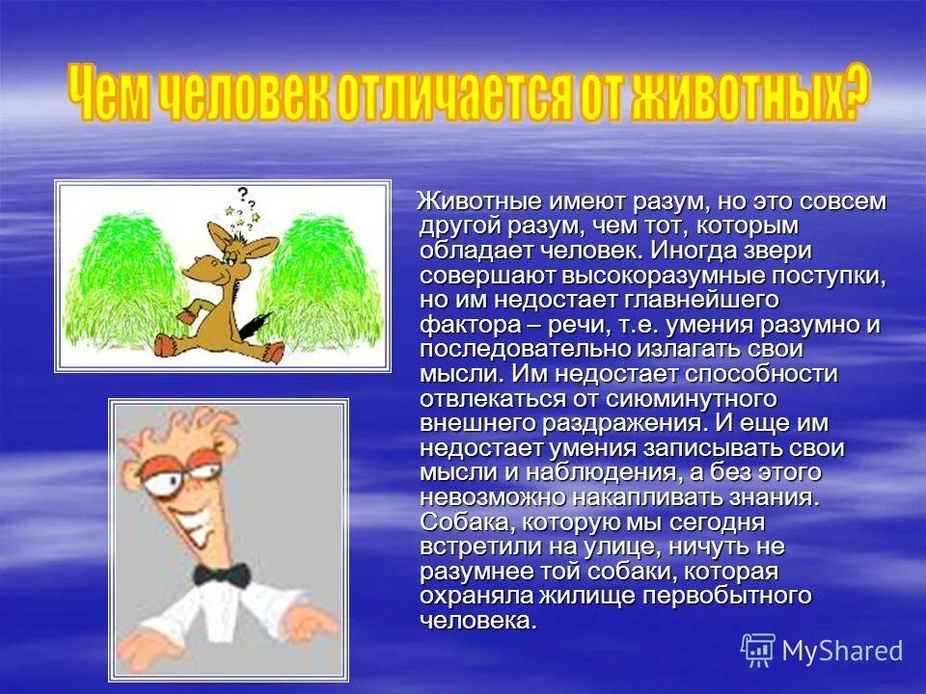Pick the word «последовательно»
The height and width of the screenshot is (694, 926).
point(509,349)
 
